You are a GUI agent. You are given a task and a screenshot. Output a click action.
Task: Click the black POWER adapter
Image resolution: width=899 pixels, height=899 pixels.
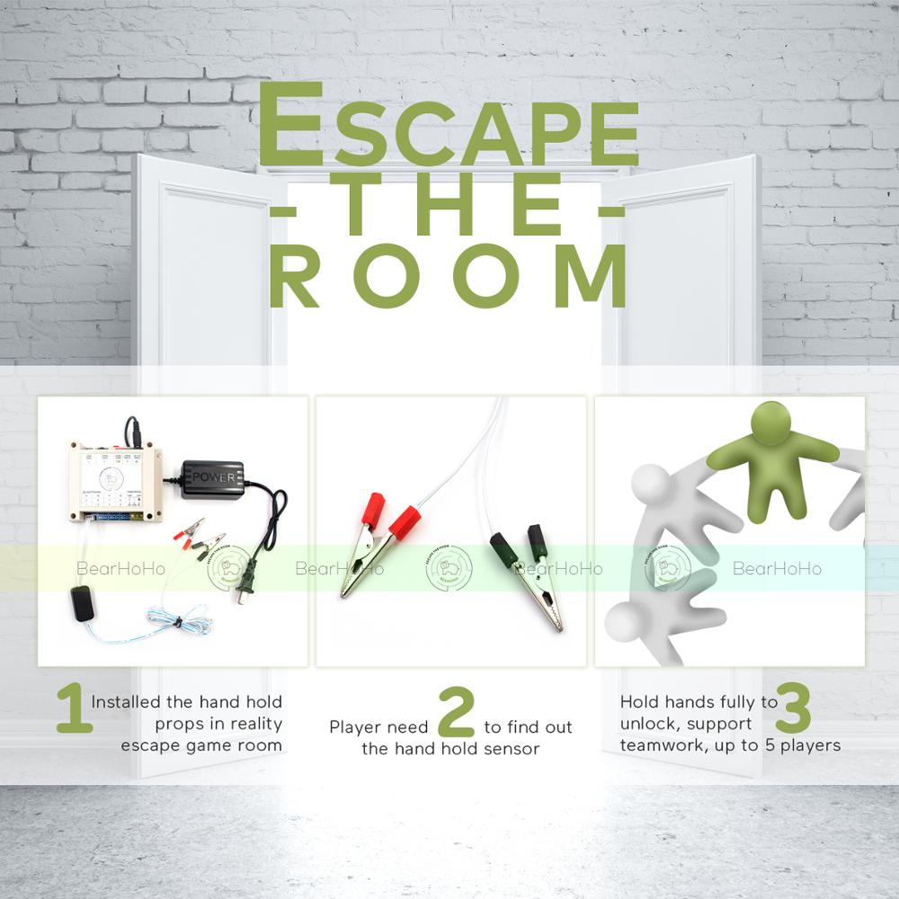click(x=212, y=478)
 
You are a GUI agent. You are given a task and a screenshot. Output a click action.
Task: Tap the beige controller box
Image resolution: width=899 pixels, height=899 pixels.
click(x=115, y=481)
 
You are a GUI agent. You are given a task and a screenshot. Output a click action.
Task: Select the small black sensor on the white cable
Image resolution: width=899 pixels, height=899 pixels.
click(x=83, y=600)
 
